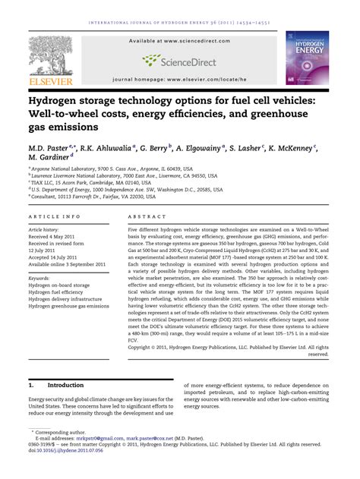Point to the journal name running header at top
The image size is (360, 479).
[x=179, y=21]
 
